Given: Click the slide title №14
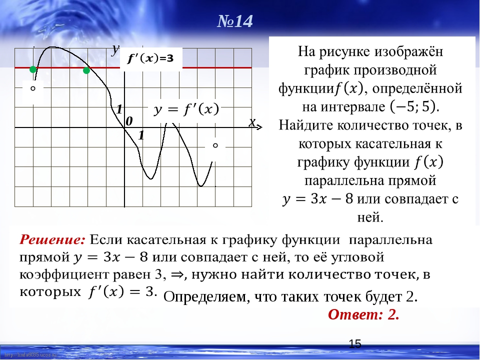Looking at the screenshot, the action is tap(235, 21).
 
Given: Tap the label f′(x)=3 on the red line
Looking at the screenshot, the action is tap(150, 58).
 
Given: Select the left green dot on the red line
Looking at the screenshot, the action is tap(33, 70).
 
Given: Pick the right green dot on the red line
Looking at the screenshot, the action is tap(86, 70).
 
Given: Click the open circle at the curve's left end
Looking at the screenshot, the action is tap(33, 88).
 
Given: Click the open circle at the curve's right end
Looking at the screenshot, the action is tap(215, 145).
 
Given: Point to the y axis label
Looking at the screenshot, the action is tap(115, 49).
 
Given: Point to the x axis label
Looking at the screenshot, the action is tap(252, 122).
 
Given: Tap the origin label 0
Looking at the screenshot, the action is tap(129, 121).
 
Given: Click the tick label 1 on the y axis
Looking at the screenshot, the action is tap(119, 109).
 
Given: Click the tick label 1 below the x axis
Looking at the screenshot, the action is tap(141, 135).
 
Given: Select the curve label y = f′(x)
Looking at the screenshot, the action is tap(186, 109).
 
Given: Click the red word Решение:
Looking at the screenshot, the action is tap(52, 239).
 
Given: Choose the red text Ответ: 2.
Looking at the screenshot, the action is tap(363, 314).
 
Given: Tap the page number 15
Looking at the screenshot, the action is tap(355, 344).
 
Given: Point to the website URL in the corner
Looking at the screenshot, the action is tap(30, 355).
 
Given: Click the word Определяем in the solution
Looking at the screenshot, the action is tap(205, 297).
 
